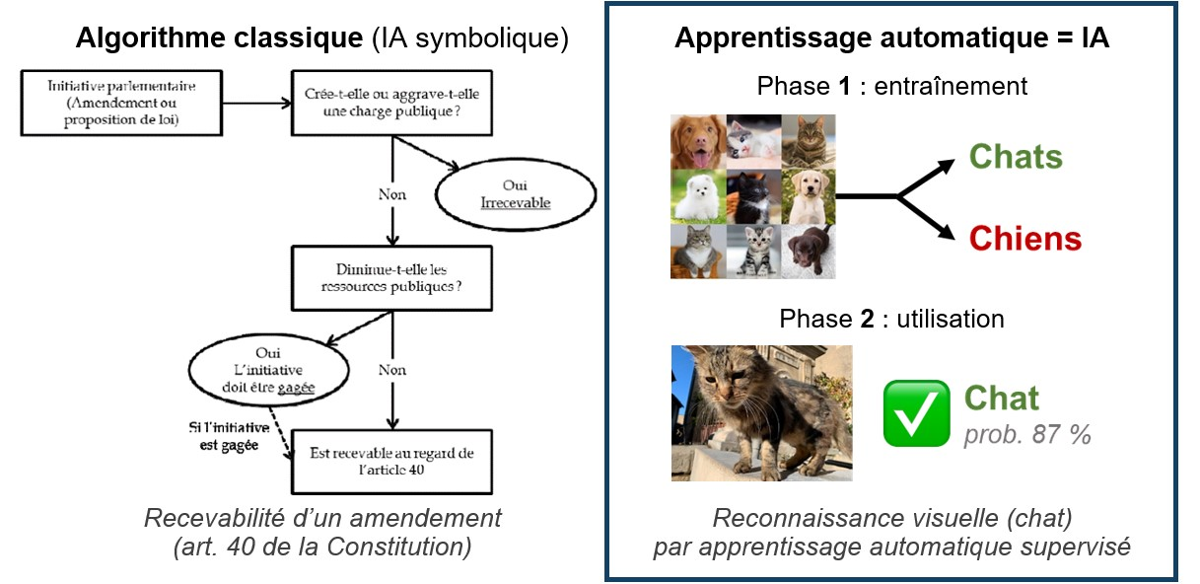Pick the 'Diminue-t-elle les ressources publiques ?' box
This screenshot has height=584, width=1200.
[392, 278]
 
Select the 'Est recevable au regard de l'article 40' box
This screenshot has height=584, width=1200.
[392, 462]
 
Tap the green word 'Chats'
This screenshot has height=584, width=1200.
[1016, 157]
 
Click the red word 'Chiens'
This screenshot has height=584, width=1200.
[1024, 238]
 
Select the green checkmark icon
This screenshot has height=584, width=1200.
[916, 412]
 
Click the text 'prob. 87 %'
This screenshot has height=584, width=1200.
[1026, 435]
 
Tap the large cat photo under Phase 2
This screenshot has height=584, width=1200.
[761, 413]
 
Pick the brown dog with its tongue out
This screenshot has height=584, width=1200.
[697, 141]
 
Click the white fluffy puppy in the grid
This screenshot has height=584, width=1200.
[697, 196]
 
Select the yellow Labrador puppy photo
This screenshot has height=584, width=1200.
[808, 196]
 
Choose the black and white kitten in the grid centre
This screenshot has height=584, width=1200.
[752, 196]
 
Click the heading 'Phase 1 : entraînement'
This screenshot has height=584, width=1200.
[891, 86]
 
